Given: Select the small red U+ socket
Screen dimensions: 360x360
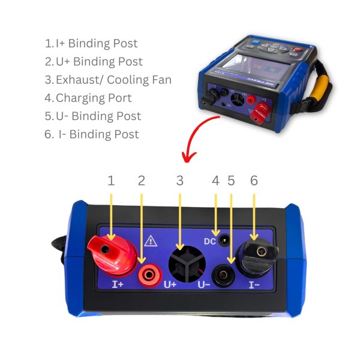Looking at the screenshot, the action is click(149, 275).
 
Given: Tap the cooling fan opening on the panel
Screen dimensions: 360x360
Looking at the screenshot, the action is click(187, 264).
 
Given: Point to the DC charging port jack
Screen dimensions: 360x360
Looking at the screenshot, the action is click(224, 241).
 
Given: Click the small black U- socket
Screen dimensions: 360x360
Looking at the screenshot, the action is click(223, 275).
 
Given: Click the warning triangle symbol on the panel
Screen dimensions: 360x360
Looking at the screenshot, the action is click(151, 241).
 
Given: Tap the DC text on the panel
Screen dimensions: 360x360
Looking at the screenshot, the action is click(210, 241).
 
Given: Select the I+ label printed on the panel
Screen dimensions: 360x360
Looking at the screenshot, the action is click(118, 284).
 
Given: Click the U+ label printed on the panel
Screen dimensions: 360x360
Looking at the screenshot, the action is click(170, 284).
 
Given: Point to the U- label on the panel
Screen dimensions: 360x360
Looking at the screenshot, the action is click(204, 284).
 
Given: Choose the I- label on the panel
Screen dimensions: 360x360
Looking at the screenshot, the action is click(254, 285).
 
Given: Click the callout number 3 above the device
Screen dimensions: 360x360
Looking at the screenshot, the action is click(180, 181).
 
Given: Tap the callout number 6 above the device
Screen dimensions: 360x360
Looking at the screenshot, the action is click(254, 181).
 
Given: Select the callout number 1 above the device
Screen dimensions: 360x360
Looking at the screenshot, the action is click(111, 181).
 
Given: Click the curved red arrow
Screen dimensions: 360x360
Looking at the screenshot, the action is click(195, 133).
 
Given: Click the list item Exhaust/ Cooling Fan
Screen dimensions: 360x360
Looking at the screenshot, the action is click(108, 80).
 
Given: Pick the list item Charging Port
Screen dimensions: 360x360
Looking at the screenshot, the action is click(88, 98).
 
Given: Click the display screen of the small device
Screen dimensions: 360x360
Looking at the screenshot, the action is click(256, 65).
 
